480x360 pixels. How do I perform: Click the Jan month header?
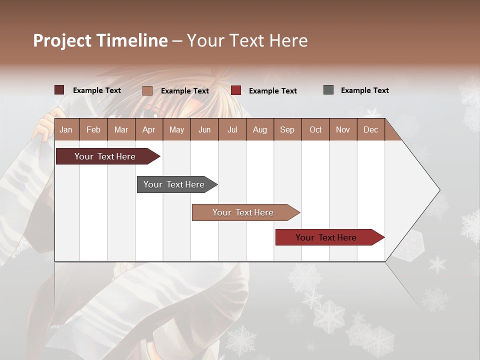coord(66,129)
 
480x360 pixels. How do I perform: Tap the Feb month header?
coord(93,129)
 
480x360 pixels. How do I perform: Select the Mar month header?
coord(121,129)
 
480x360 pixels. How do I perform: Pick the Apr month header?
coord(149,129)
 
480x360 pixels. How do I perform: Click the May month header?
coord(176,129)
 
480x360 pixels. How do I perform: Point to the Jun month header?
coord(204,129)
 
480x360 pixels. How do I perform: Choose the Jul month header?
coord(232,129)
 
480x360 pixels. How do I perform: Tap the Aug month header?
coord(260,129)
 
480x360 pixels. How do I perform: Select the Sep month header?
coord(287,129)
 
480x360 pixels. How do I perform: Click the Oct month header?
coord(315,129)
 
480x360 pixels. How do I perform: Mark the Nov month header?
coord(343,129)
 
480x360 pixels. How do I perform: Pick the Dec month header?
coord(371,129)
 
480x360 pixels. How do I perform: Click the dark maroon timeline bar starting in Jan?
coord(105,156)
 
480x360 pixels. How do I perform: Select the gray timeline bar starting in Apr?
coord(174,184)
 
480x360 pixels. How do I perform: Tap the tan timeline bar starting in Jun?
coord(243,212)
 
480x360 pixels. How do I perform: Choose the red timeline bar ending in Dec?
coord(326,237)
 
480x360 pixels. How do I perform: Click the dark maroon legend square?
coord(59,90)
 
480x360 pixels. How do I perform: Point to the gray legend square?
coord(328,90)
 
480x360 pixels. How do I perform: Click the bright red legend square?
coord(236,90)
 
